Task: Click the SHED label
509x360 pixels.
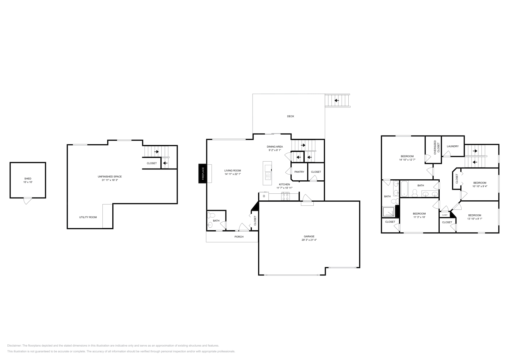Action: click(28, 178)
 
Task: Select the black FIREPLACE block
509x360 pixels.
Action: click(202, 174)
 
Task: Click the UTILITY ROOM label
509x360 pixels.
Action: click(88, 217)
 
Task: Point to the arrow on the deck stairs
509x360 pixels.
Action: click(336, 100)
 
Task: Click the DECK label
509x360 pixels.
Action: click(290, 116)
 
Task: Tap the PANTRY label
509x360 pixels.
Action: click(299, 172)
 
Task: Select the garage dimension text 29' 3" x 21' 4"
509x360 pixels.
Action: click(309, 240)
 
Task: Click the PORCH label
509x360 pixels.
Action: click(239, 237)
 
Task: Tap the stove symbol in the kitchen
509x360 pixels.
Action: click(285, 197)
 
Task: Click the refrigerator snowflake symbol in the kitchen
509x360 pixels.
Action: click(264, 196)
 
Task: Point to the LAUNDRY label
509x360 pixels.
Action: click(452, 146)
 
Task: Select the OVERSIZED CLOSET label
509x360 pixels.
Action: click(437, 148)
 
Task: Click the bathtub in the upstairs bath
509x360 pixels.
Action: click(404, 189)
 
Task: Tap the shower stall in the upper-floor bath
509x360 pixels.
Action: click(388, 211)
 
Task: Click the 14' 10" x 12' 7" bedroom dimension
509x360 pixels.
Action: click(407, 160)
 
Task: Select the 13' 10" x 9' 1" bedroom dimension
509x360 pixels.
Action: click(474, 218)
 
